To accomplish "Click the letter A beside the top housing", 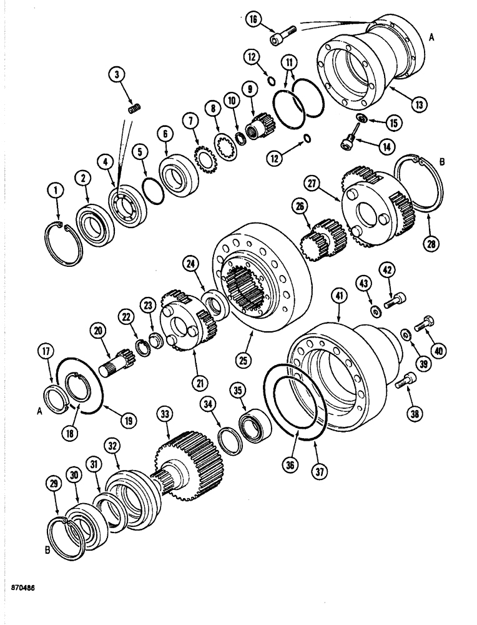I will [431, 38].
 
